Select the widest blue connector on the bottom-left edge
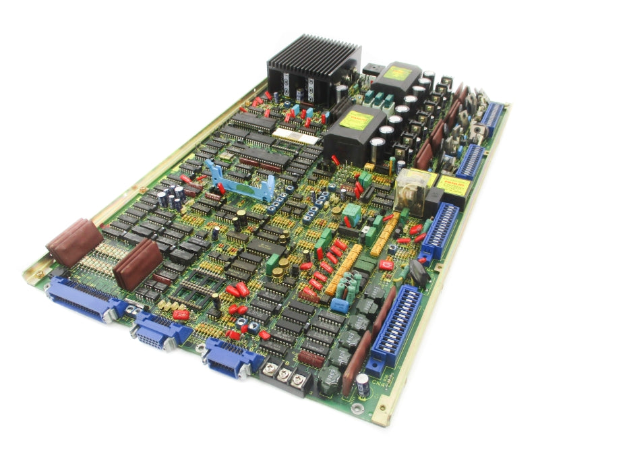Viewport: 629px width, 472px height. [x=84, y=299]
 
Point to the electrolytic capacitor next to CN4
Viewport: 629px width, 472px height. [x=363, y=385]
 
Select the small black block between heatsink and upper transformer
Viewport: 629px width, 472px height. [x=373, y=70]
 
